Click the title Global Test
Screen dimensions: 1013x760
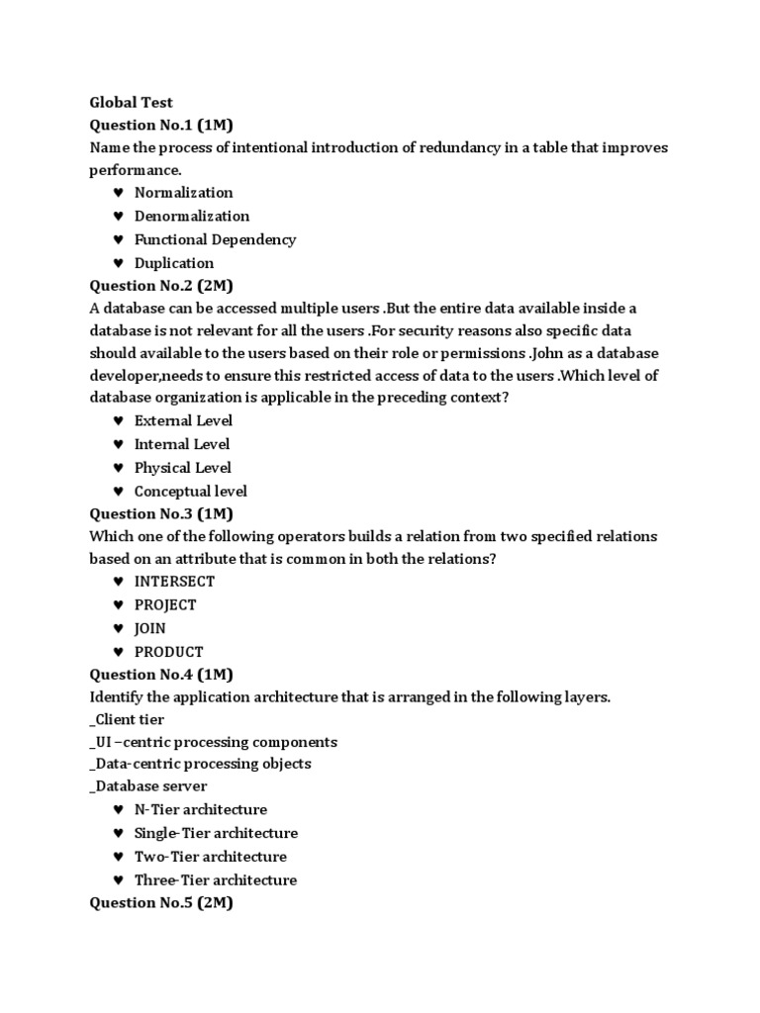(131, 102)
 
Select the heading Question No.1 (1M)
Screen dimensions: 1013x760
(161, 125)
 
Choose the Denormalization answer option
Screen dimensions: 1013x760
(191, 216)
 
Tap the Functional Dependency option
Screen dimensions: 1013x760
(215, 239)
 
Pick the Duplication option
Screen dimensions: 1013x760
(173, 263)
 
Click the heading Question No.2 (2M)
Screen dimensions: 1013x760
(161, 286)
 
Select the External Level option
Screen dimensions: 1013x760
(183, 420)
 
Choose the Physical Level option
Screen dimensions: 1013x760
(182, 468)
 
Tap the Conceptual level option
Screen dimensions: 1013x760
(190, 492)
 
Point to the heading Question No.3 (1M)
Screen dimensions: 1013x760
(161, 513)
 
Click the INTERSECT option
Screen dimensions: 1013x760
(174, 582)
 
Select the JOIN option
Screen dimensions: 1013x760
(150, 628)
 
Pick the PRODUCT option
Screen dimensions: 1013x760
(169, 652)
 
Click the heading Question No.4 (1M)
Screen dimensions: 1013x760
(161, 675)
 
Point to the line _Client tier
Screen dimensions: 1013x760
(127, 720)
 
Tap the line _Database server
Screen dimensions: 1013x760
(148, 786)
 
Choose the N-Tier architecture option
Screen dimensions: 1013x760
(201, 810)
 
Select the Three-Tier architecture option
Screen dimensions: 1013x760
(216, 880)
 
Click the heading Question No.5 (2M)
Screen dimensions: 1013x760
(161, 902)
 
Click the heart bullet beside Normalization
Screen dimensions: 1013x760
(118, 193)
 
